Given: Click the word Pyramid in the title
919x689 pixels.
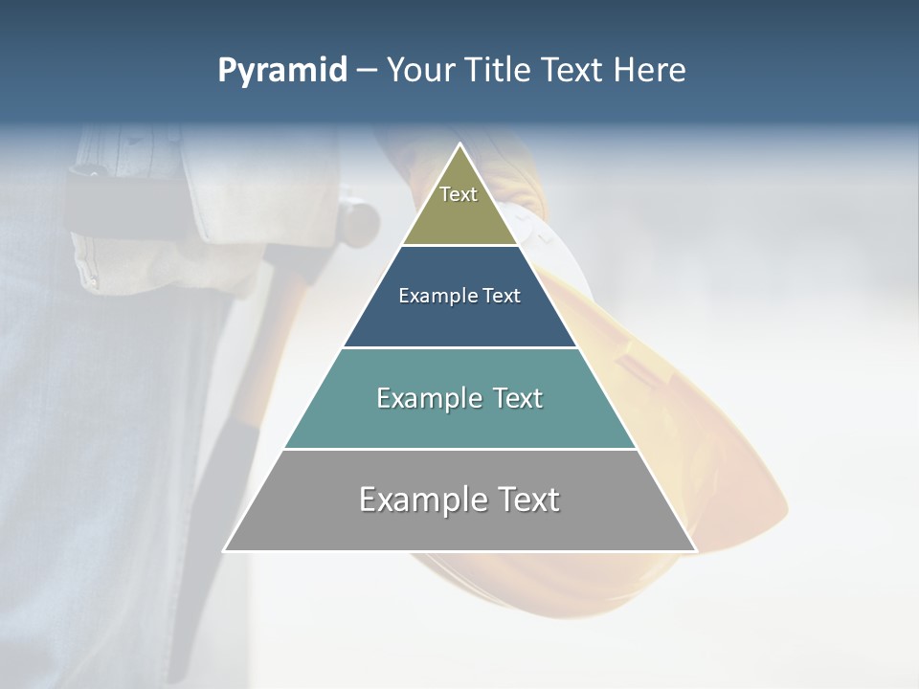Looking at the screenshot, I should [282, 71].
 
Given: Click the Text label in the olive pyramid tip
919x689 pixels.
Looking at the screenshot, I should [459, 194].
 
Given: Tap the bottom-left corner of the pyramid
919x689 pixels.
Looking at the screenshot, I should [225, 550].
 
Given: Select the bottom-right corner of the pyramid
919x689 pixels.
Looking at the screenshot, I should [696, 550].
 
